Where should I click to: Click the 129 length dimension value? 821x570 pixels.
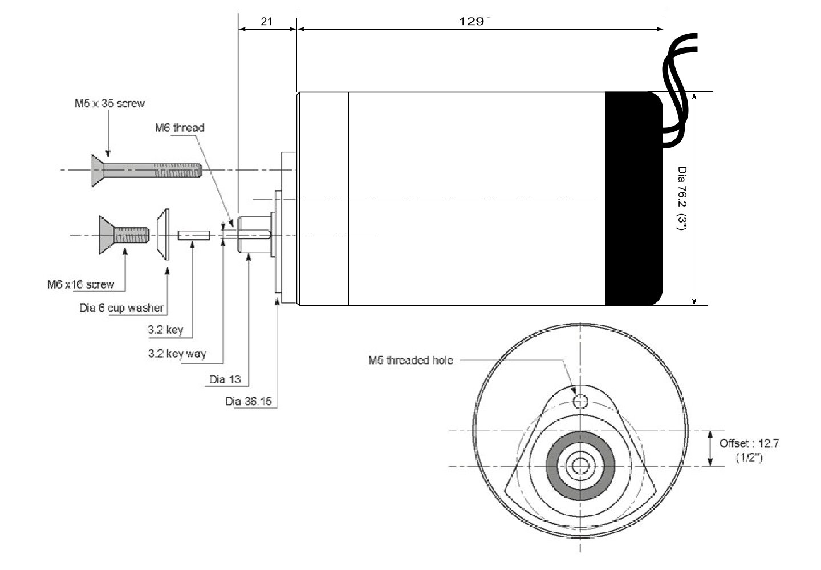point(472,21)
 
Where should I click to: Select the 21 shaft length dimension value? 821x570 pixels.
point(266,21)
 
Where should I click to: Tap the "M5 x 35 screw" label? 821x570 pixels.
point(109,103)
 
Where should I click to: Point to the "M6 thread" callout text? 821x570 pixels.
point(180,128)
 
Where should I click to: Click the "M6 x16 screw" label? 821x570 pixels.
point(80,284)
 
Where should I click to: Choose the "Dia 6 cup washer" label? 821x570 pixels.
point(121,308)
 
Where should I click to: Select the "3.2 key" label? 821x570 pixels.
point(165,330)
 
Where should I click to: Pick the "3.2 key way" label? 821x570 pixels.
point(177,354)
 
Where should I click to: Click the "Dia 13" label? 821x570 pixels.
point(225,379)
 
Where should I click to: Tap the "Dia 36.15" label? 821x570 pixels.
point(249,401)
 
